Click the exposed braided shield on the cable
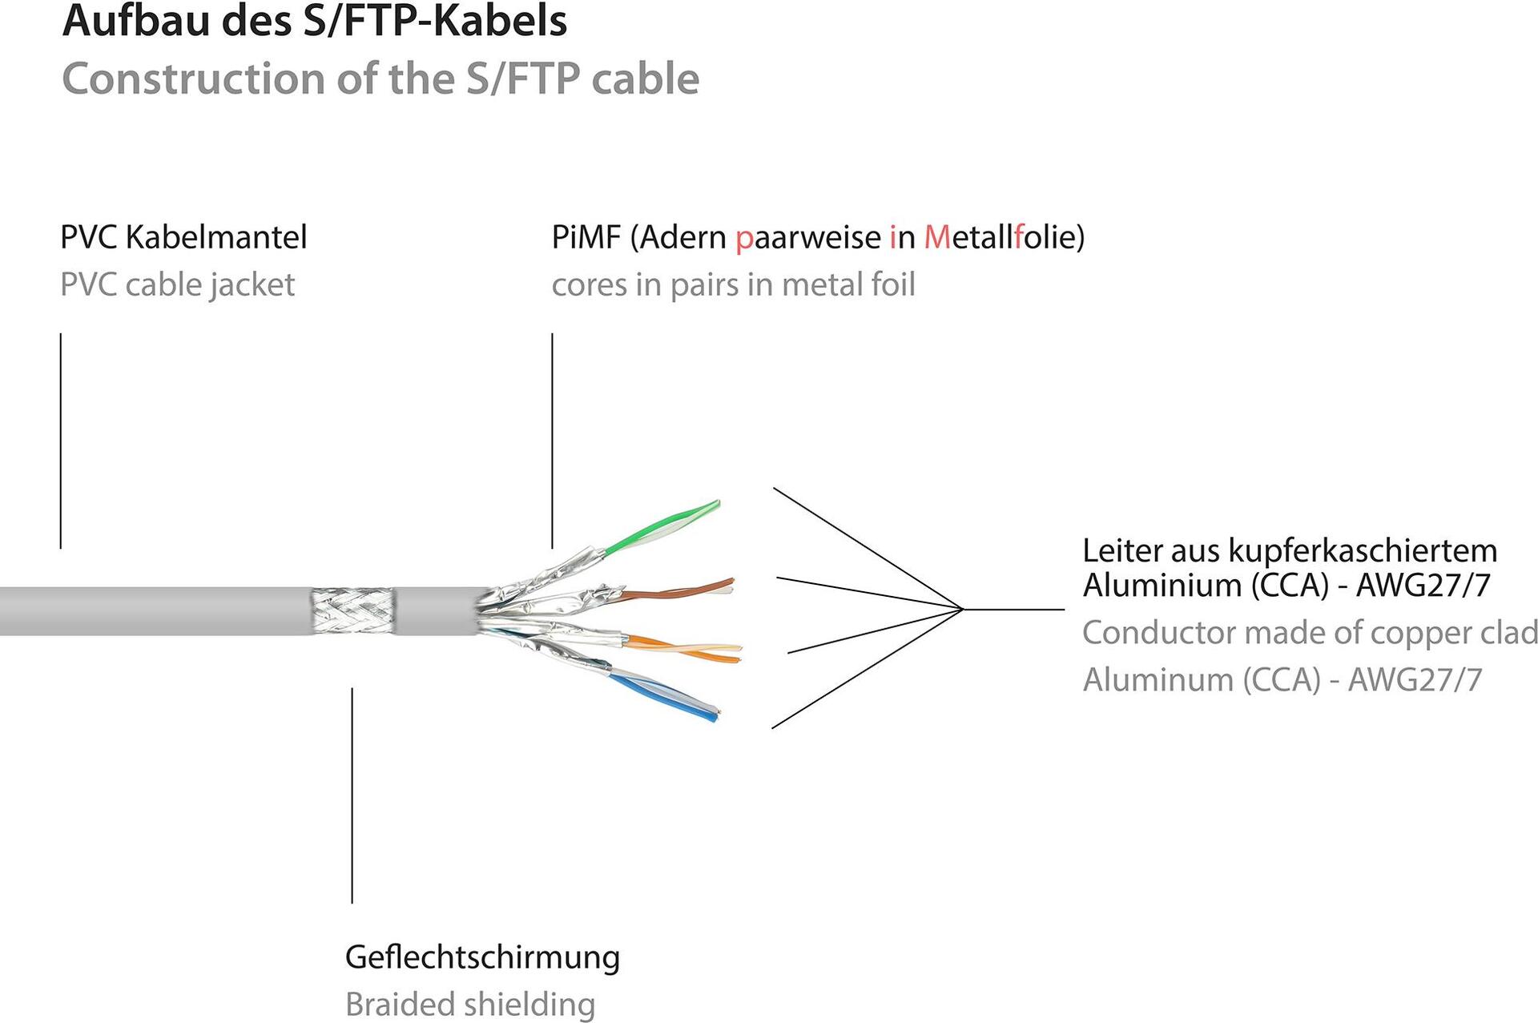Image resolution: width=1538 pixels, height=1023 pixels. click(353, 612)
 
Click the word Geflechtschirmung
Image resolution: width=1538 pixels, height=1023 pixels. click(482, 957)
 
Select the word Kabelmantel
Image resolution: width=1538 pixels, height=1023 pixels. click(216, 237)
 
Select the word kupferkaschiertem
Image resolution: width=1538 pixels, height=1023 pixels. click(1362, 551)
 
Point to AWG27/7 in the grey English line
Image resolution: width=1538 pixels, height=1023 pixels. click(1415, 680)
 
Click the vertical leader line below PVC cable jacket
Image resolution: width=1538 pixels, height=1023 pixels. click(61, 441)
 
